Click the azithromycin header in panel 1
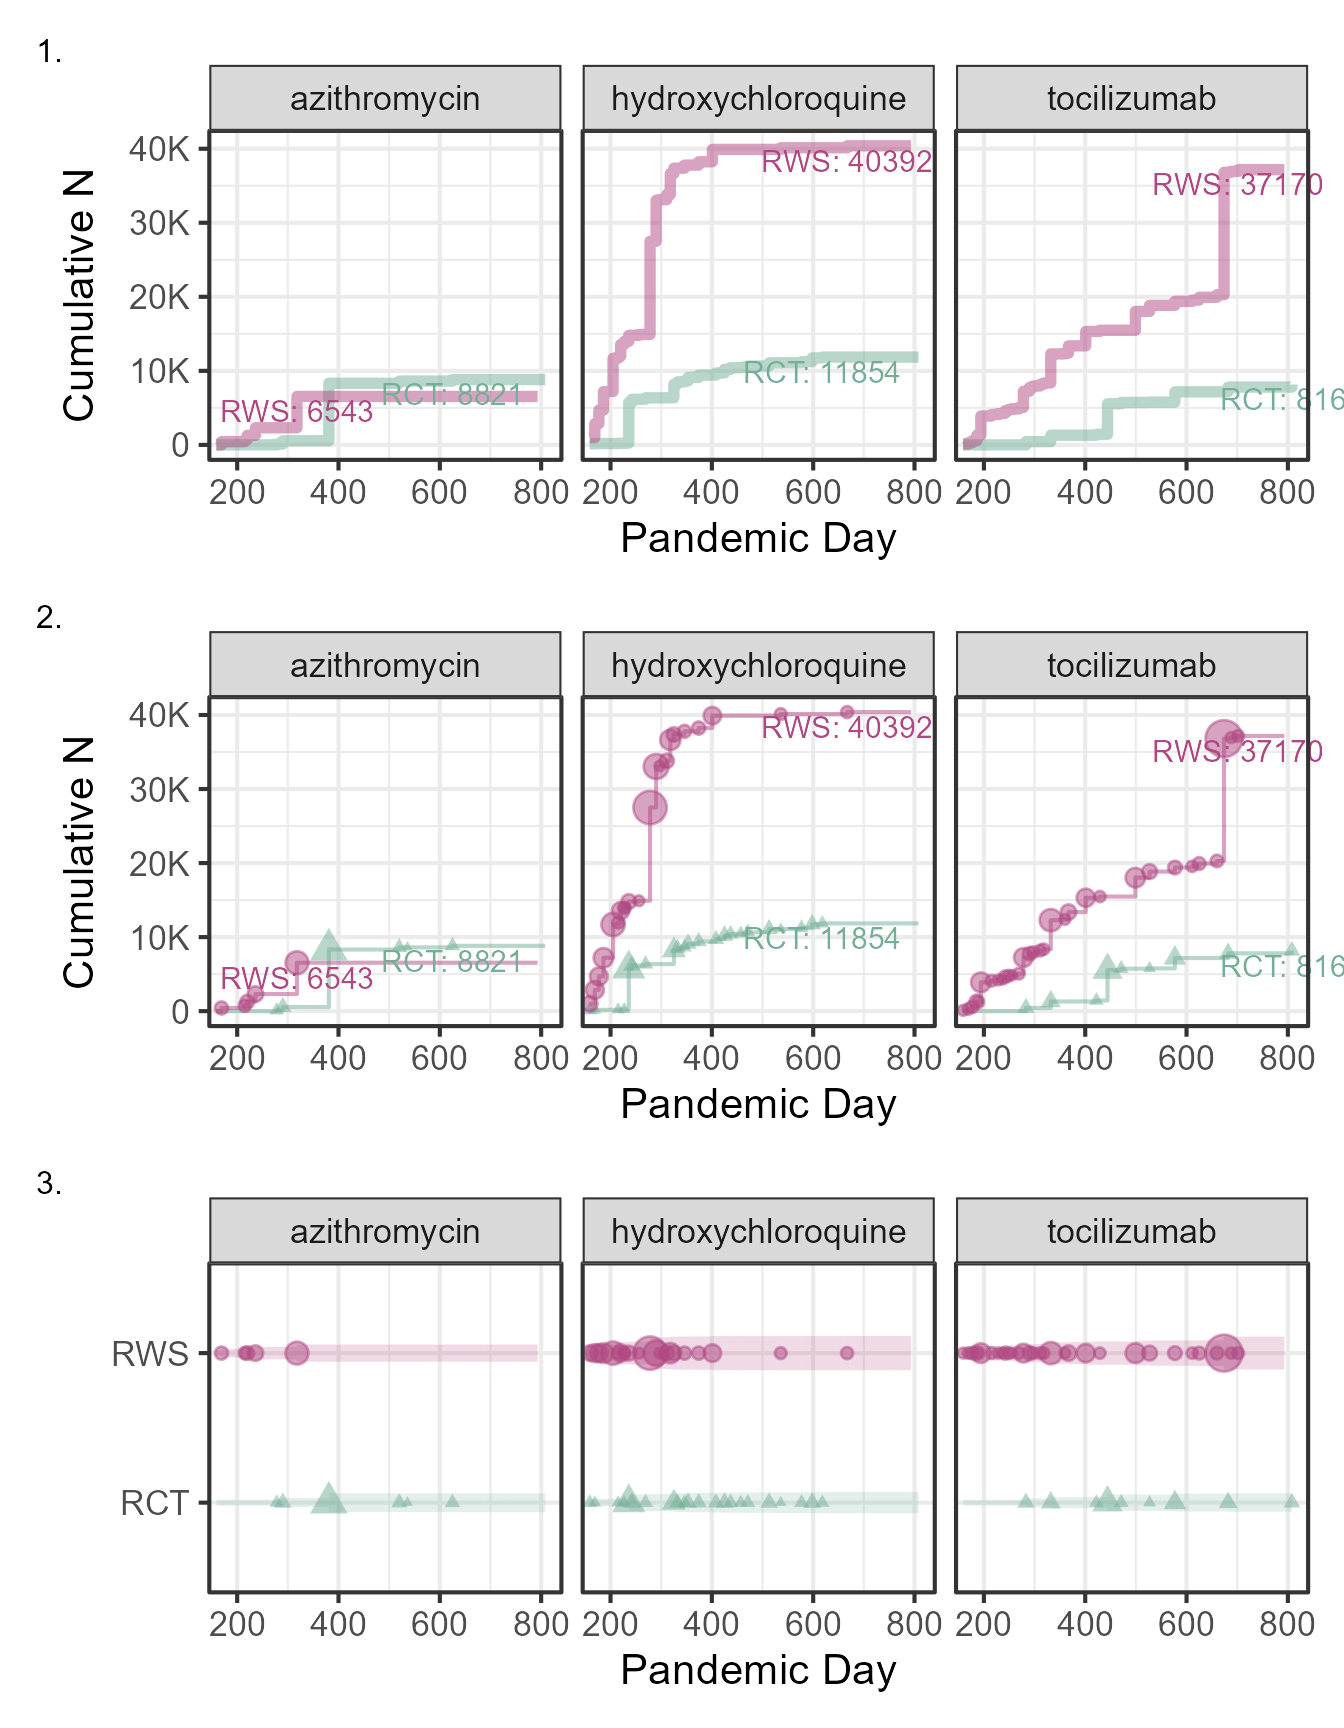tap(385, 99)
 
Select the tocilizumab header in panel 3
tap(1131, 1231)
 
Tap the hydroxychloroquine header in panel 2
tap(758, 665)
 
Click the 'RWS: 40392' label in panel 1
tap(846, 162)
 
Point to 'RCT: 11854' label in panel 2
tap(821, 939)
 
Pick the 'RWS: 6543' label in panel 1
tap(296, 412)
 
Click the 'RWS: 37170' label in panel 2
tap(1237, 752)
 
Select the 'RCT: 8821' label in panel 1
tap(452, 395)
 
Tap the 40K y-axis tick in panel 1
tap(159, 149)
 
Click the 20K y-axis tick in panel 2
tap(159, 864)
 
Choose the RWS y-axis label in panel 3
tap(150, 1354)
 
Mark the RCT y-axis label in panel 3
tap(154, 1503)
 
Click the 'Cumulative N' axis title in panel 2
tap(78, 862)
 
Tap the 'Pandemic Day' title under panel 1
tap(758, 538)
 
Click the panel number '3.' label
tap(49, 1184)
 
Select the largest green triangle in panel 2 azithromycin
tap(328, 945)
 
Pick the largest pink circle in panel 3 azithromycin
tap(297, 1353)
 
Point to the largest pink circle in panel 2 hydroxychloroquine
tap(650, 807)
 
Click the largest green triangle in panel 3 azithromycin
tap(328, 1500)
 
